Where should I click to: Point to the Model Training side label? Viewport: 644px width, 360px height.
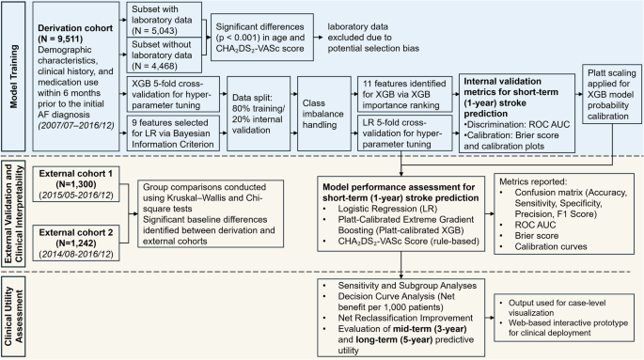click(12, 71)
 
